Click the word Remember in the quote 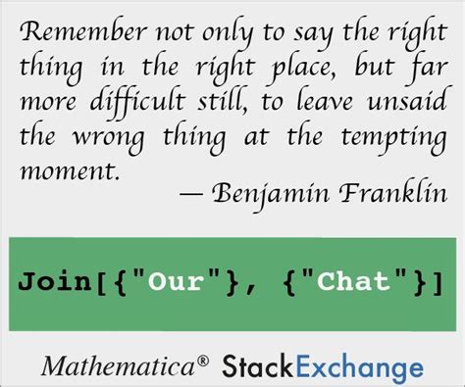[x=83, y=31]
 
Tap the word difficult [x=137, y=102]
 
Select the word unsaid [x=406, y=100]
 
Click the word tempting [x=394, y=138]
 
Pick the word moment [x=69, y=170]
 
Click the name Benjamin [x=271, y=194]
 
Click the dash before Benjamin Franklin [x=191, y=194]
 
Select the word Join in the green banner [x=55, y=281]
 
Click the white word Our [x=176, y=281]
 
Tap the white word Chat [x=354, y=280]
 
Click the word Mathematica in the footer [x=118, y=365]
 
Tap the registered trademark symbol [x=203, y=361]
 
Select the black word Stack [x=257, y=365]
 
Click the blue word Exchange [x=359, y=367]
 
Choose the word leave [x=325, y=100]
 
